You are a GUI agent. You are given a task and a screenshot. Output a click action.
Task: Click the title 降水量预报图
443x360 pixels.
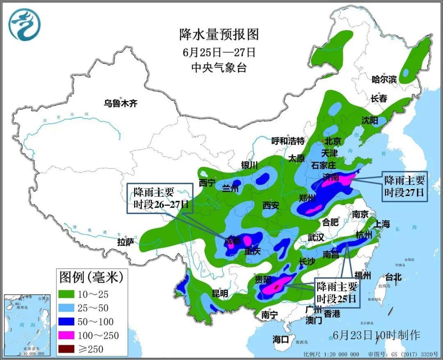point(219,34)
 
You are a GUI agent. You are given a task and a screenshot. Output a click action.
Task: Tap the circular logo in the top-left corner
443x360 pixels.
point(25,25)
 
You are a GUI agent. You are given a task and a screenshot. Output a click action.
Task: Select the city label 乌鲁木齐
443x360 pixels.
point(120,103)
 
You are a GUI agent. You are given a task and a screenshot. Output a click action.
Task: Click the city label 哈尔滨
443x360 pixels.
point(384,80)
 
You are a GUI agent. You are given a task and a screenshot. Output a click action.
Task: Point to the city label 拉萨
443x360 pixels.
point(126,242)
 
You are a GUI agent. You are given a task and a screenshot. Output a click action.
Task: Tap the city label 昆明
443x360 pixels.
point(219,294)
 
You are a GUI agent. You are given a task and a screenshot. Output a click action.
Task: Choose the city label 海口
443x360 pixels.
point(281,339)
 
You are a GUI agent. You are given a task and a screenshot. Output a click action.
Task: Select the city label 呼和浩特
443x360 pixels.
point(288,141)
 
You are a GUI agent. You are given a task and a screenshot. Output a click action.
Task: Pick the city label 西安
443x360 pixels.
point(271,205)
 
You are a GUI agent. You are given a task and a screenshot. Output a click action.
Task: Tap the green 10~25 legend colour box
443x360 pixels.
point(67,294)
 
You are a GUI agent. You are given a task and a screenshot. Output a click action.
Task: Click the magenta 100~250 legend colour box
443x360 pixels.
point(67,335)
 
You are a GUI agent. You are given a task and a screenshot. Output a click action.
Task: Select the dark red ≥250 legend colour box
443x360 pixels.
point(67,349)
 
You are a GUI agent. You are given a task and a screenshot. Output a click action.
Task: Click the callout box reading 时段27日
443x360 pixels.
point(404,187)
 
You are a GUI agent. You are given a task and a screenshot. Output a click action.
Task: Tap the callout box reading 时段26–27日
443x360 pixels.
point(160,198)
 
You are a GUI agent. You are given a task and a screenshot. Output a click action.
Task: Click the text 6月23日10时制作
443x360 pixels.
point(377,335)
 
